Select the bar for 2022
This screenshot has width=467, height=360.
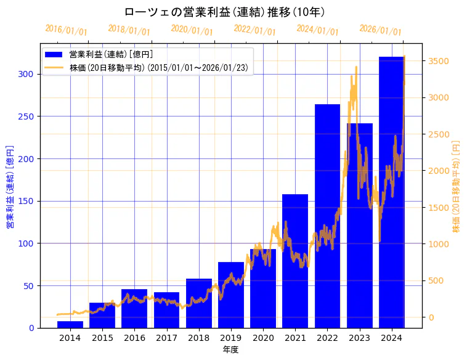(327, 216)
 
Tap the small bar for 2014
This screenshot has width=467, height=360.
(70, 324)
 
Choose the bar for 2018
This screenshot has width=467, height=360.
(199, 303)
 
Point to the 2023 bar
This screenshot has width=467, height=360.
(359, 226)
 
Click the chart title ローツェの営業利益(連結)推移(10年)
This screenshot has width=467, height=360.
(224, 12)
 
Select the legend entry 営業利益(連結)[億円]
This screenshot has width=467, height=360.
(111, 54)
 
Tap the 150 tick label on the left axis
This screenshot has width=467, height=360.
(28, 201)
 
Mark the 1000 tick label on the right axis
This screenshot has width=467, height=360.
(439, 244)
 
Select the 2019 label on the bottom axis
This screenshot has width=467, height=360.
(231, 338)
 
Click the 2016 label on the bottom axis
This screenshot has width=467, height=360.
(134, 338)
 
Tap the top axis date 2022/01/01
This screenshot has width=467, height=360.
(254, 30)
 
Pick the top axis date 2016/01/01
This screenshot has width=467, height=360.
(66, 30)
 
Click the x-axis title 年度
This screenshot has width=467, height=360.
(231, 350)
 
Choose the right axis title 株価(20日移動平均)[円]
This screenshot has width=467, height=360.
(457, 185)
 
